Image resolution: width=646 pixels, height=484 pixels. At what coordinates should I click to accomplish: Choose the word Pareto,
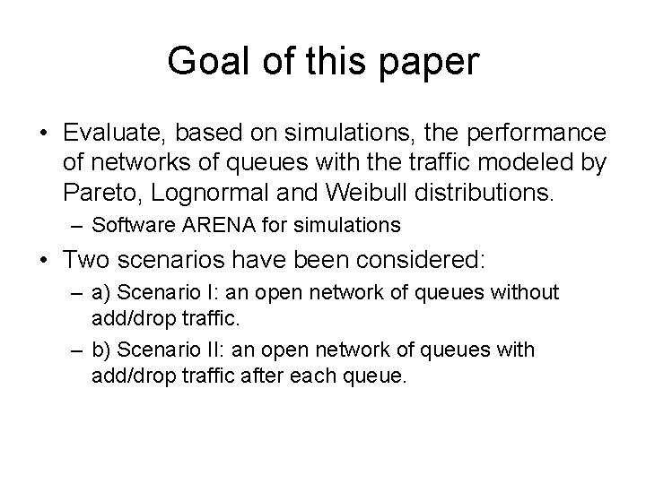(98, 189)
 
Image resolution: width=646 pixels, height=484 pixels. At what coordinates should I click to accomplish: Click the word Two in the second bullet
(86, 261)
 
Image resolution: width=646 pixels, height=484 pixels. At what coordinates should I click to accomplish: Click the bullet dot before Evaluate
(43, 134)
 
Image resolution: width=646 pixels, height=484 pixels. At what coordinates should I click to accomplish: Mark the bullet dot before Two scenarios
(43, 262)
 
